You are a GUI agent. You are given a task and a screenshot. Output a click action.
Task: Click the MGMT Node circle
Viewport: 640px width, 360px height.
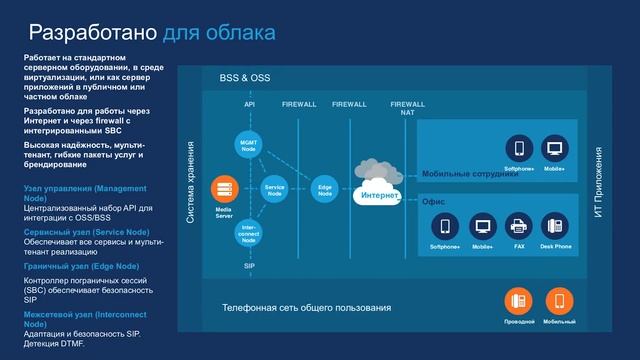pyautogui.click(x=249, y=145)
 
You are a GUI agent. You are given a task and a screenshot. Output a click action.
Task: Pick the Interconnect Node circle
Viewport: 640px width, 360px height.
pyautogui.click(x=249, y=234)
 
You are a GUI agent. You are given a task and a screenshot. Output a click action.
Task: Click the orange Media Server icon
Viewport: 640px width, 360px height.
pyautogui.click(x=224, y=187)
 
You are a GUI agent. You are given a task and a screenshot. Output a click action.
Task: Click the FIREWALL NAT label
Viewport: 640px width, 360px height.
pyautogui.click(x=407, y=108)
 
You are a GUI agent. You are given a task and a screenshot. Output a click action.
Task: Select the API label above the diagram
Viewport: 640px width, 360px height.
pyautogui.click(x=250, y=104)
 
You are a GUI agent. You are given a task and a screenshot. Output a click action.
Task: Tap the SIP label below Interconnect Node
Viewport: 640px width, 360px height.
pyautogui.click(x=249, y=267)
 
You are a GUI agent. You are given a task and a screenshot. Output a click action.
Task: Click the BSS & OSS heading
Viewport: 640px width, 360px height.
pyautogui.click(x=244, y=78)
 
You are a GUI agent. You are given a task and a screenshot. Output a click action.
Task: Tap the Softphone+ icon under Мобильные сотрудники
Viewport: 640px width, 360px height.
pyautogui.click(x=519, y=150)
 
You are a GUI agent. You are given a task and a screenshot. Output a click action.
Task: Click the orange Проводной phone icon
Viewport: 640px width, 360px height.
pyautogui.click(x=519, y=301)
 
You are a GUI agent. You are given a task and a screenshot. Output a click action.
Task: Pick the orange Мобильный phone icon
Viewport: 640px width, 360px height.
pyautogui.click(x=559, y=301)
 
